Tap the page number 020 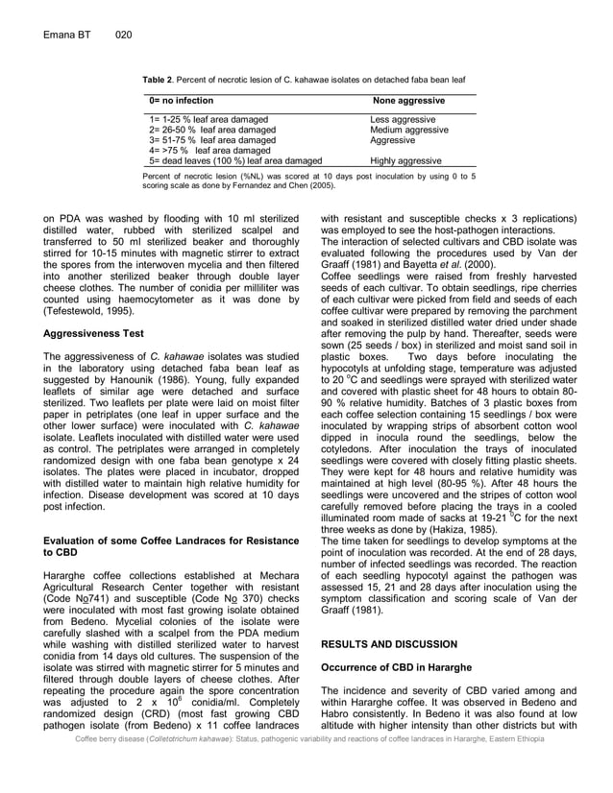pyautogui.click(x=122, y=36)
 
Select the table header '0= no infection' pyautogui.click(x=182, y=101)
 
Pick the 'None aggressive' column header pyautogui.click(x=408, y=101)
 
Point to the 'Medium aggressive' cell pyautogui.click(x=409, y=130)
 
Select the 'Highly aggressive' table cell pyautogui.click(x=405, y=161)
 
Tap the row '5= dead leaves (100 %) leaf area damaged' pyautogui.click(x=235, y=161)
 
